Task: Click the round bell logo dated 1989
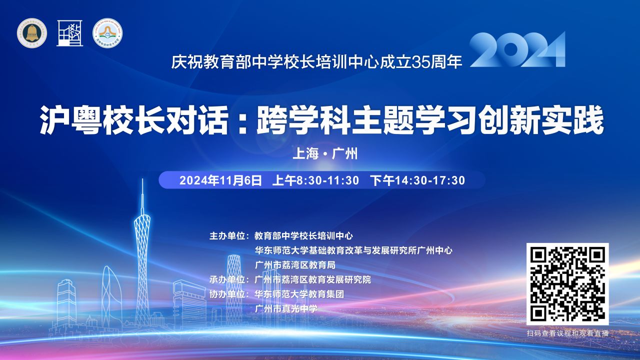point(31,33)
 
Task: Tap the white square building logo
point(69,33)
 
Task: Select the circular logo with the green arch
point(107,33)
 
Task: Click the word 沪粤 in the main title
point(71,120)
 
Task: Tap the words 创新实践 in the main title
point(541,120)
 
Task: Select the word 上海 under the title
point(305,153)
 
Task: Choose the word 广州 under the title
point(345,153)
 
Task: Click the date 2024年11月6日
point(220,180)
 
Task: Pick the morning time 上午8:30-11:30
point(315,180)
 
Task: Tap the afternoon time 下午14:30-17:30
point(417,180)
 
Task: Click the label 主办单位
point(227,236)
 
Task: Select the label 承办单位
point(227,279)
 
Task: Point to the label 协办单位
point(227,294)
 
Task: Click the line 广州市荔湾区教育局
point(295,265)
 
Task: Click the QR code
point(567,284)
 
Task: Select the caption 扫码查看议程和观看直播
point(567,333)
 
